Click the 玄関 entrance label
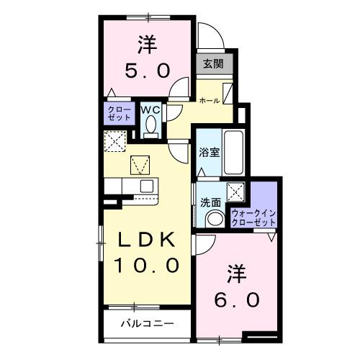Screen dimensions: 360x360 [212, 63]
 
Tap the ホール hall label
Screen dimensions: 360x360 [209, 101]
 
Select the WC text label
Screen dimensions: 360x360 [150, 109]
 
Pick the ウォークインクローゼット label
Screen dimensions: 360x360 [253, 217]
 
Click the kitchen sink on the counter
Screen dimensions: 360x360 [146, 186]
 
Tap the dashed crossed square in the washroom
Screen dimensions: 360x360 [235, 192]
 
